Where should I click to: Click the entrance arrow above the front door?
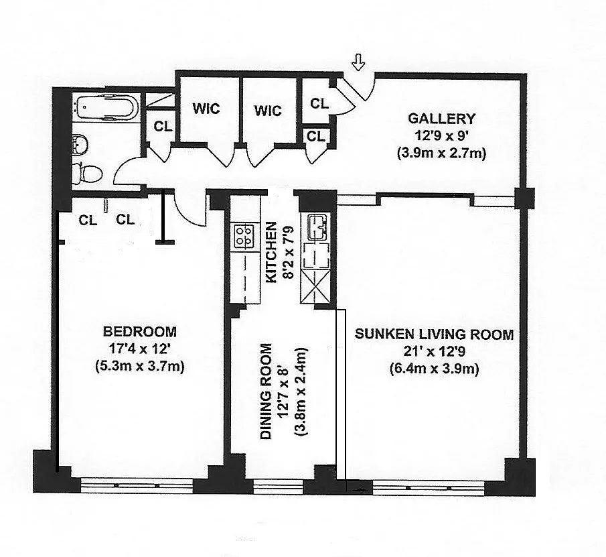[x=359, y=62]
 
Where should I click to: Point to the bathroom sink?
[x=80, y=144]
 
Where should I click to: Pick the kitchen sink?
[x=317, y=227]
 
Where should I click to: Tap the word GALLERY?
[x=441, y=119]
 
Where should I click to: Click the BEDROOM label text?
[x=140, y=332]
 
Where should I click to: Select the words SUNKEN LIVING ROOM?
[x=435, y=334]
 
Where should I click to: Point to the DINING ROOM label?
[x=267, y=391]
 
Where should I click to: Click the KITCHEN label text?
[x=272, y=252]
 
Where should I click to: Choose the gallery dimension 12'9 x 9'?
[x=441, y=136]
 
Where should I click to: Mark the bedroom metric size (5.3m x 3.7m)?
[x=140, y=365]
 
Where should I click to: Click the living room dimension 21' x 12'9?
[x=435, y=351]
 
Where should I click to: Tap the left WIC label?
[x=206, y=109]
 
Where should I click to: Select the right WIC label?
[x=268, y=111]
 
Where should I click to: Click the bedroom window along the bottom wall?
[x=137, y=485]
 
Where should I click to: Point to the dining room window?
[x=279, y=487]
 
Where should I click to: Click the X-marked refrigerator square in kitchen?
[x=315, y=286]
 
